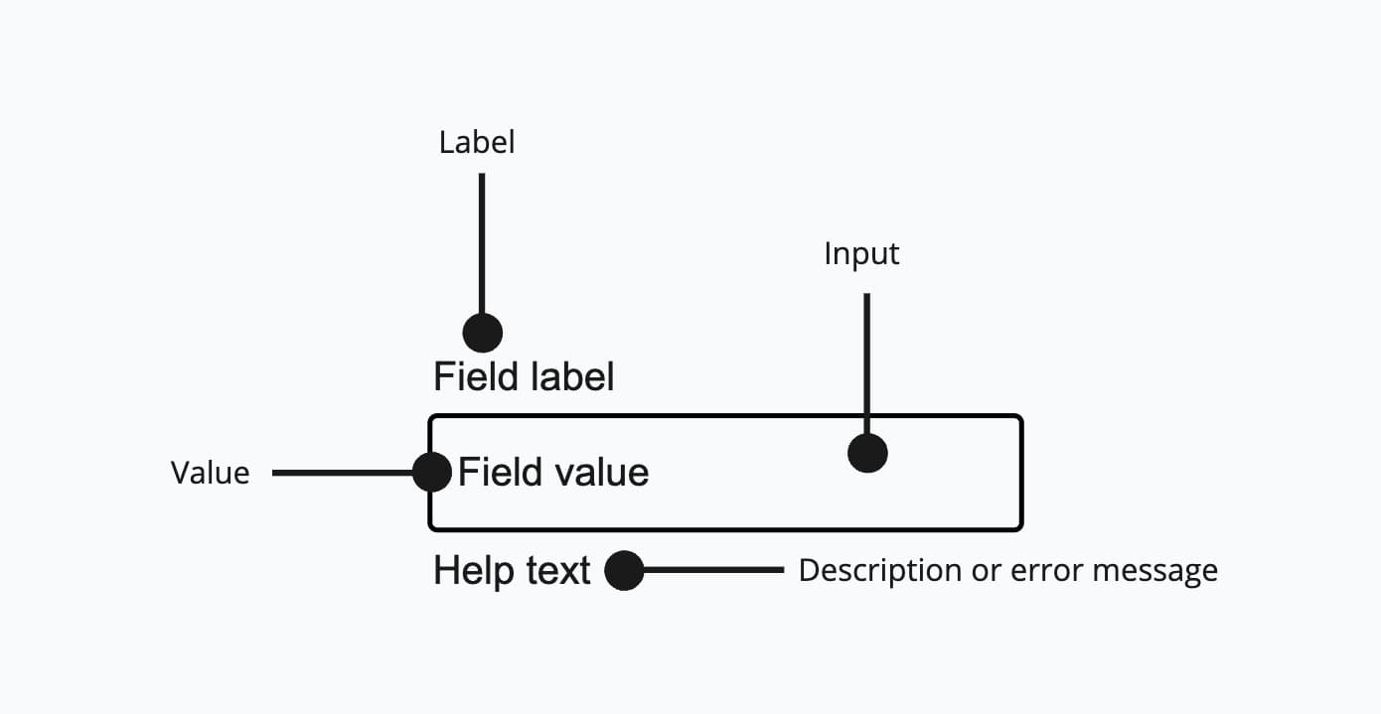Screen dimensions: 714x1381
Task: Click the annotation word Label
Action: tap(477, 142)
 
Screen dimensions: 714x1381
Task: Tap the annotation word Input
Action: tap(861, 253)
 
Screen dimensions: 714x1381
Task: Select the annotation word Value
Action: tap(210, 473)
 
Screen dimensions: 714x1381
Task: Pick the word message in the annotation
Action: tap(1154, 571)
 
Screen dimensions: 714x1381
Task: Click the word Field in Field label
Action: tap(462, 377)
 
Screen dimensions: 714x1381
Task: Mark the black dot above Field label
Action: tap(482, 332)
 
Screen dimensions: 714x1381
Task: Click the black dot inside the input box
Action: tap(867, 453)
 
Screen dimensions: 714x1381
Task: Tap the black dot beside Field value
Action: tap(432, 472)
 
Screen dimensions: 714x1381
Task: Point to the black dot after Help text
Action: tap(624, 570)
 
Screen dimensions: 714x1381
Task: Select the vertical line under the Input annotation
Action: tap(867, 362)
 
